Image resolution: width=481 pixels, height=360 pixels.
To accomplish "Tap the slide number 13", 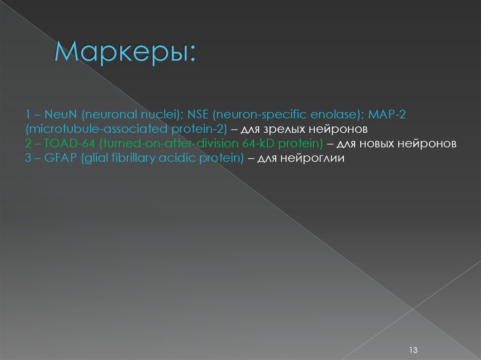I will coord(413,350).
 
